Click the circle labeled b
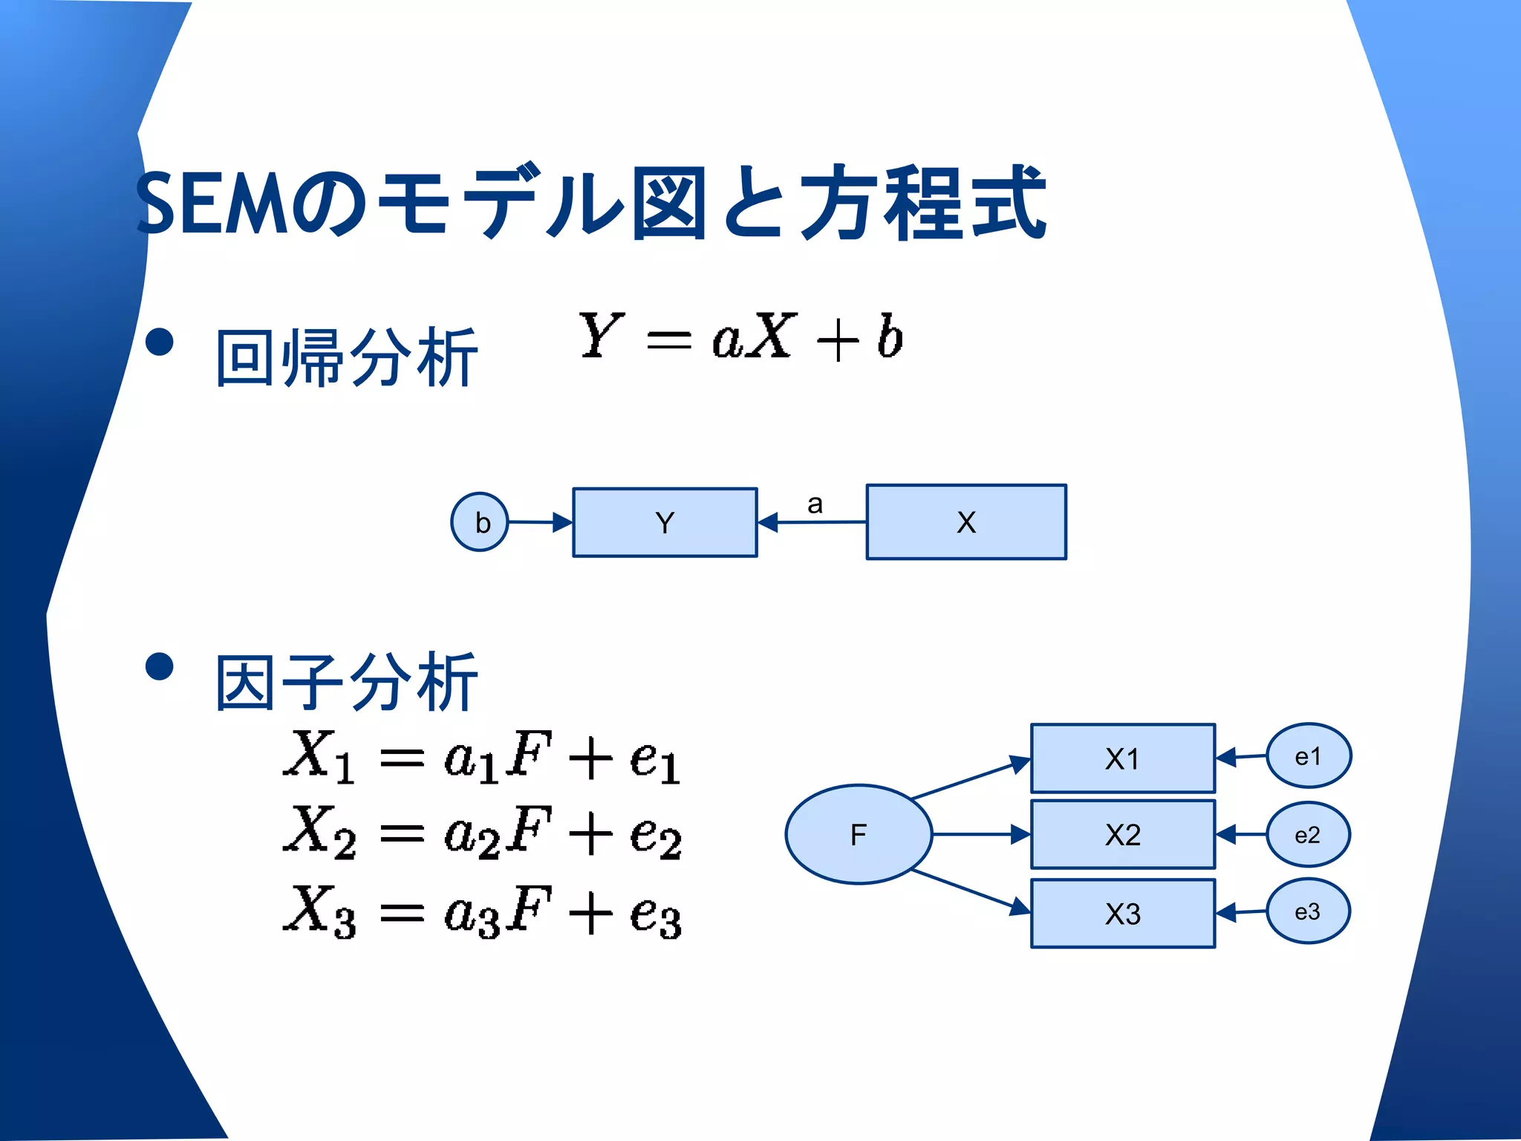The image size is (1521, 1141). coord(480,522)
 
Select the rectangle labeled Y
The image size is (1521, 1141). coord(665,522)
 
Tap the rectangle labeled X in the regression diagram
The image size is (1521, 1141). coord(966,521)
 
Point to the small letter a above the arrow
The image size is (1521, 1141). coord(815,504)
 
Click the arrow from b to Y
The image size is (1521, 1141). coord(540,522)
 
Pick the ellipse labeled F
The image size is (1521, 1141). coord(859,834)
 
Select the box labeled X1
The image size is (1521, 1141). coord(1122,758)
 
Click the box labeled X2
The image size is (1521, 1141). coord(1122,835)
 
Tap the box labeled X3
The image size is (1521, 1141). coord(1122,914)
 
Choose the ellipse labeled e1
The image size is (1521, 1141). coord(1308,756)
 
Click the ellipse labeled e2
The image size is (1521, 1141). coord(1308,835)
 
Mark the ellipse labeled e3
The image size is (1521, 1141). coord(1308,911)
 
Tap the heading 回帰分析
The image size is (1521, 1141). coord(346,358)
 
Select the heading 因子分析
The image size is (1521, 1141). coord(346,682)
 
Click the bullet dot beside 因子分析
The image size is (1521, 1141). coord(160,666)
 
